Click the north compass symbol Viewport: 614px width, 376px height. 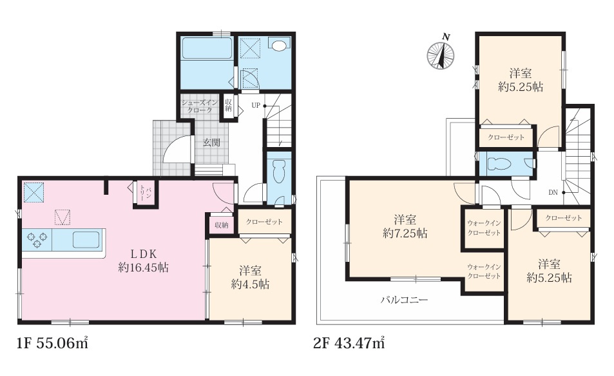(441, 54)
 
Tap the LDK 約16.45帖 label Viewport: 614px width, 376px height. (143, 261)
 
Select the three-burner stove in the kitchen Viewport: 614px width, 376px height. (37, 239)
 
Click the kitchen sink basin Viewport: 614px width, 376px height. (86, 239)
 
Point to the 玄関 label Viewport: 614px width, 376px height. (211, 143)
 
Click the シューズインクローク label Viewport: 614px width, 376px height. (199, 106)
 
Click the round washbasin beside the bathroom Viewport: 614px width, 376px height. (278, 46)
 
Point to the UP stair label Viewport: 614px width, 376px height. (256, 106)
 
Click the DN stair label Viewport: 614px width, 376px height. (553, 192)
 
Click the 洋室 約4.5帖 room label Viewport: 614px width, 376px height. (250, 277)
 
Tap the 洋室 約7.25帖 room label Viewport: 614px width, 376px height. (405, 226)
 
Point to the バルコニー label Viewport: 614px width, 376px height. (405, 301)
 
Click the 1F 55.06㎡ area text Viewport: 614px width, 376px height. (52, 343)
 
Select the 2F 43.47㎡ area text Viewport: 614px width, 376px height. (349, 343)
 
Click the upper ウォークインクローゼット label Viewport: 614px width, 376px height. (484, 228)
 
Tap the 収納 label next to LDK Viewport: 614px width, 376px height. (221, 225)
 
